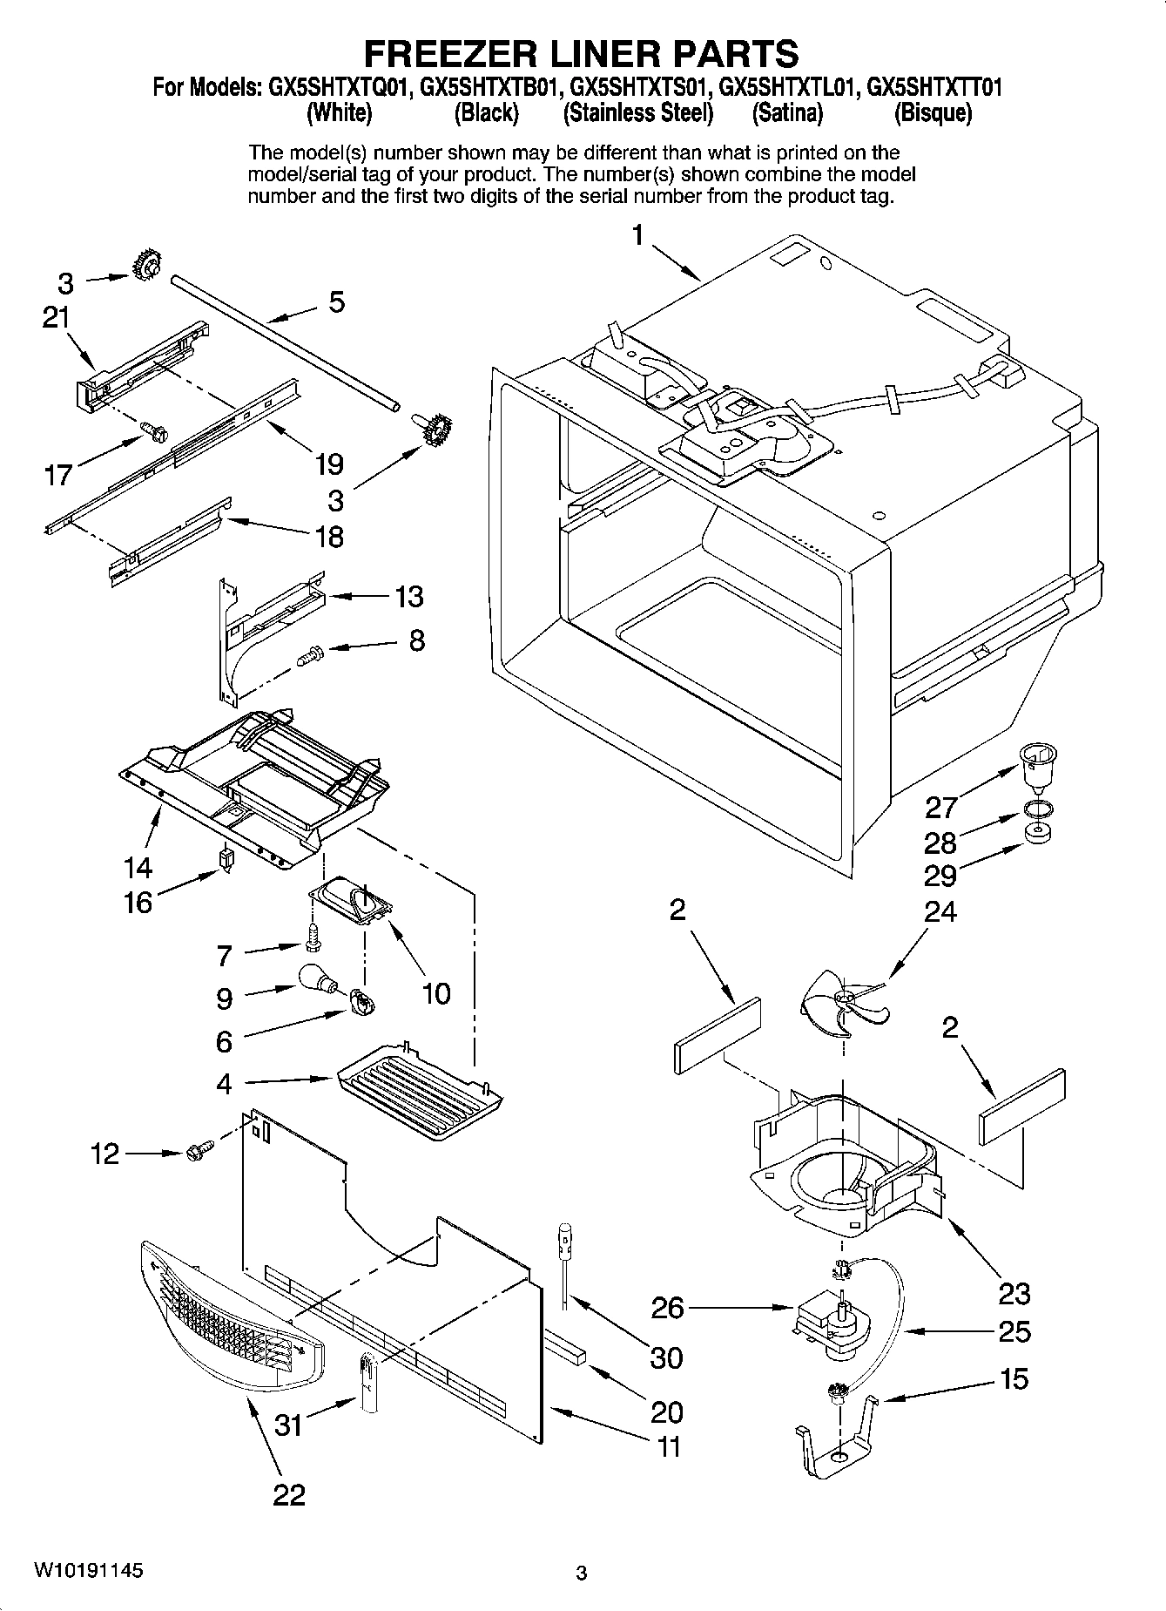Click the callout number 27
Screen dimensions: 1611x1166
click(941, 807)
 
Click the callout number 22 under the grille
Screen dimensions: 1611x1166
click(289, 1495)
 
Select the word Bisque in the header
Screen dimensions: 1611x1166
click(933, 113)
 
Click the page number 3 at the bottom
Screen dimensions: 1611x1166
click(582, 1574)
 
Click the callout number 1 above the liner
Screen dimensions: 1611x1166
click(638, 235)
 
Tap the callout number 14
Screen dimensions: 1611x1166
click(138, 867)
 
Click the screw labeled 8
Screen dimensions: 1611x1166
click(310, 654)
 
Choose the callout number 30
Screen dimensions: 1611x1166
click(666, 1357)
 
